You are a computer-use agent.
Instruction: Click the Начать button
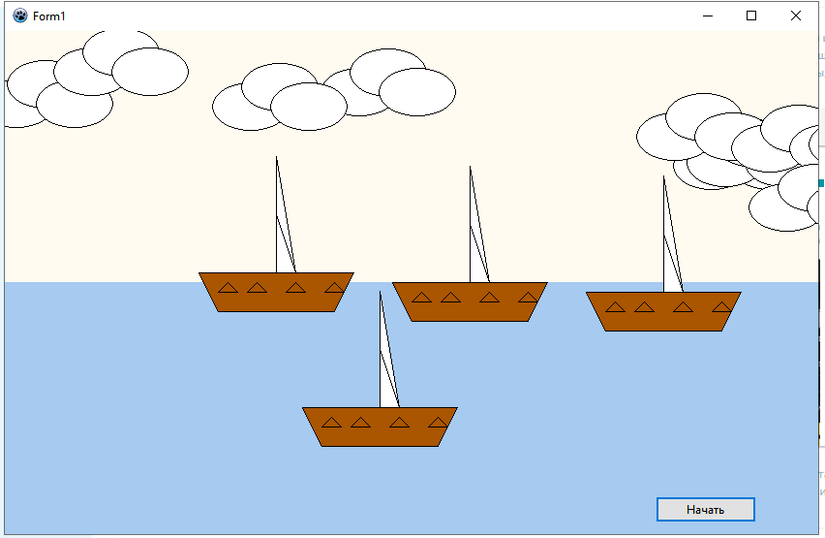point(705,510)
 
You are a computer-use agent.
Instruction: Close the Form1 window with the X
point(795,16)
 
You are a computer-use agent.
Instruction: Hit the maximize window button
point(751,16)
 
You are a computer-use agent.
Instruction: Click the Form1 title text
point(49,16)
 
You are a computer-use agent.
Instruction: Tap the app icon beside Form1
point(20,16)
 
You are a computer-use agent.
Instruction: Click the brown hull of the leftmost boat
point(276,301)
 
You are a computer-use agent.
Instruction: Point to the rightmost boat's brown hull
point(663,320)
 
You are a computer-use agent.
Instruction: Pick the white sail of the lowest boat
point(386,373)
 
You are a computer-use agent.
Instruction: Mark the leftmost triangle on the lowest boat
point(331,422)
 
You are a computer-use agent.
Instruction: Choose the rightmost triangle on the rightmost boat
point(721,306)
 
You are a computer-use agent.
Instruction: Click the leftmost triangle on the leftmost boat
point(228,287)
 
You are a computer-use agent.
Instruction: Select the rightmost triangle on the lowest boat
point(438,422)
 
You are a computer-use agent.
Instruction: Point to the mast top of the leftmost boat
point(276,158)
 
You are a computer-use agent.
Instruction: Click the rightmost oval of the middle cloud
point(417,92)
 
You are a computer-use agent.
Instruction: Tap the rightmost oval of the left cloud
point(150,71)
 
